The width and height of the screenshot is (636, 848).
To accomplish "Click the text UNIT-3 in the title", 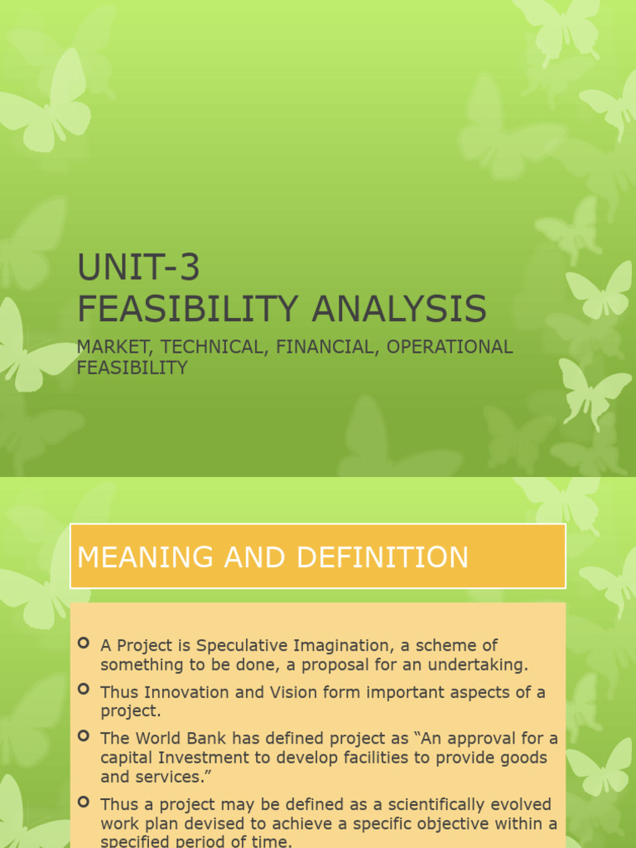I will pyautogui.click(x=138, y=267).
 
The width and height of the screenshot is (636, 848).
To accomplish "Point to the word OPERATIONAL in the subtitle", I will pyautogui.click(x=450, y=347).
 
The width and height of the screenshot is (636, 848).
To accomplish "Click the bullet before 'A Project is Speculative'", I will pyautogui.click(x=84, y=643).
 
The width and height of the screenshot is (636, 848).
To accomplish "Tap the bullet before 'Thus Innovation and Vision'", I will pyautogui.click(x=84, y=689).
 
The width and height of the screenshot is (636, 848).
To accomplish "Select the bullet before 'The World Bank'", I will pyautogui.click(x=84, y=735).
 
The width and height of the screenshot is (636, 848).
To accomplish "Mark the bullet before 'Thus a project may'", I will pyautogui.click(x=84, y=802).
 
